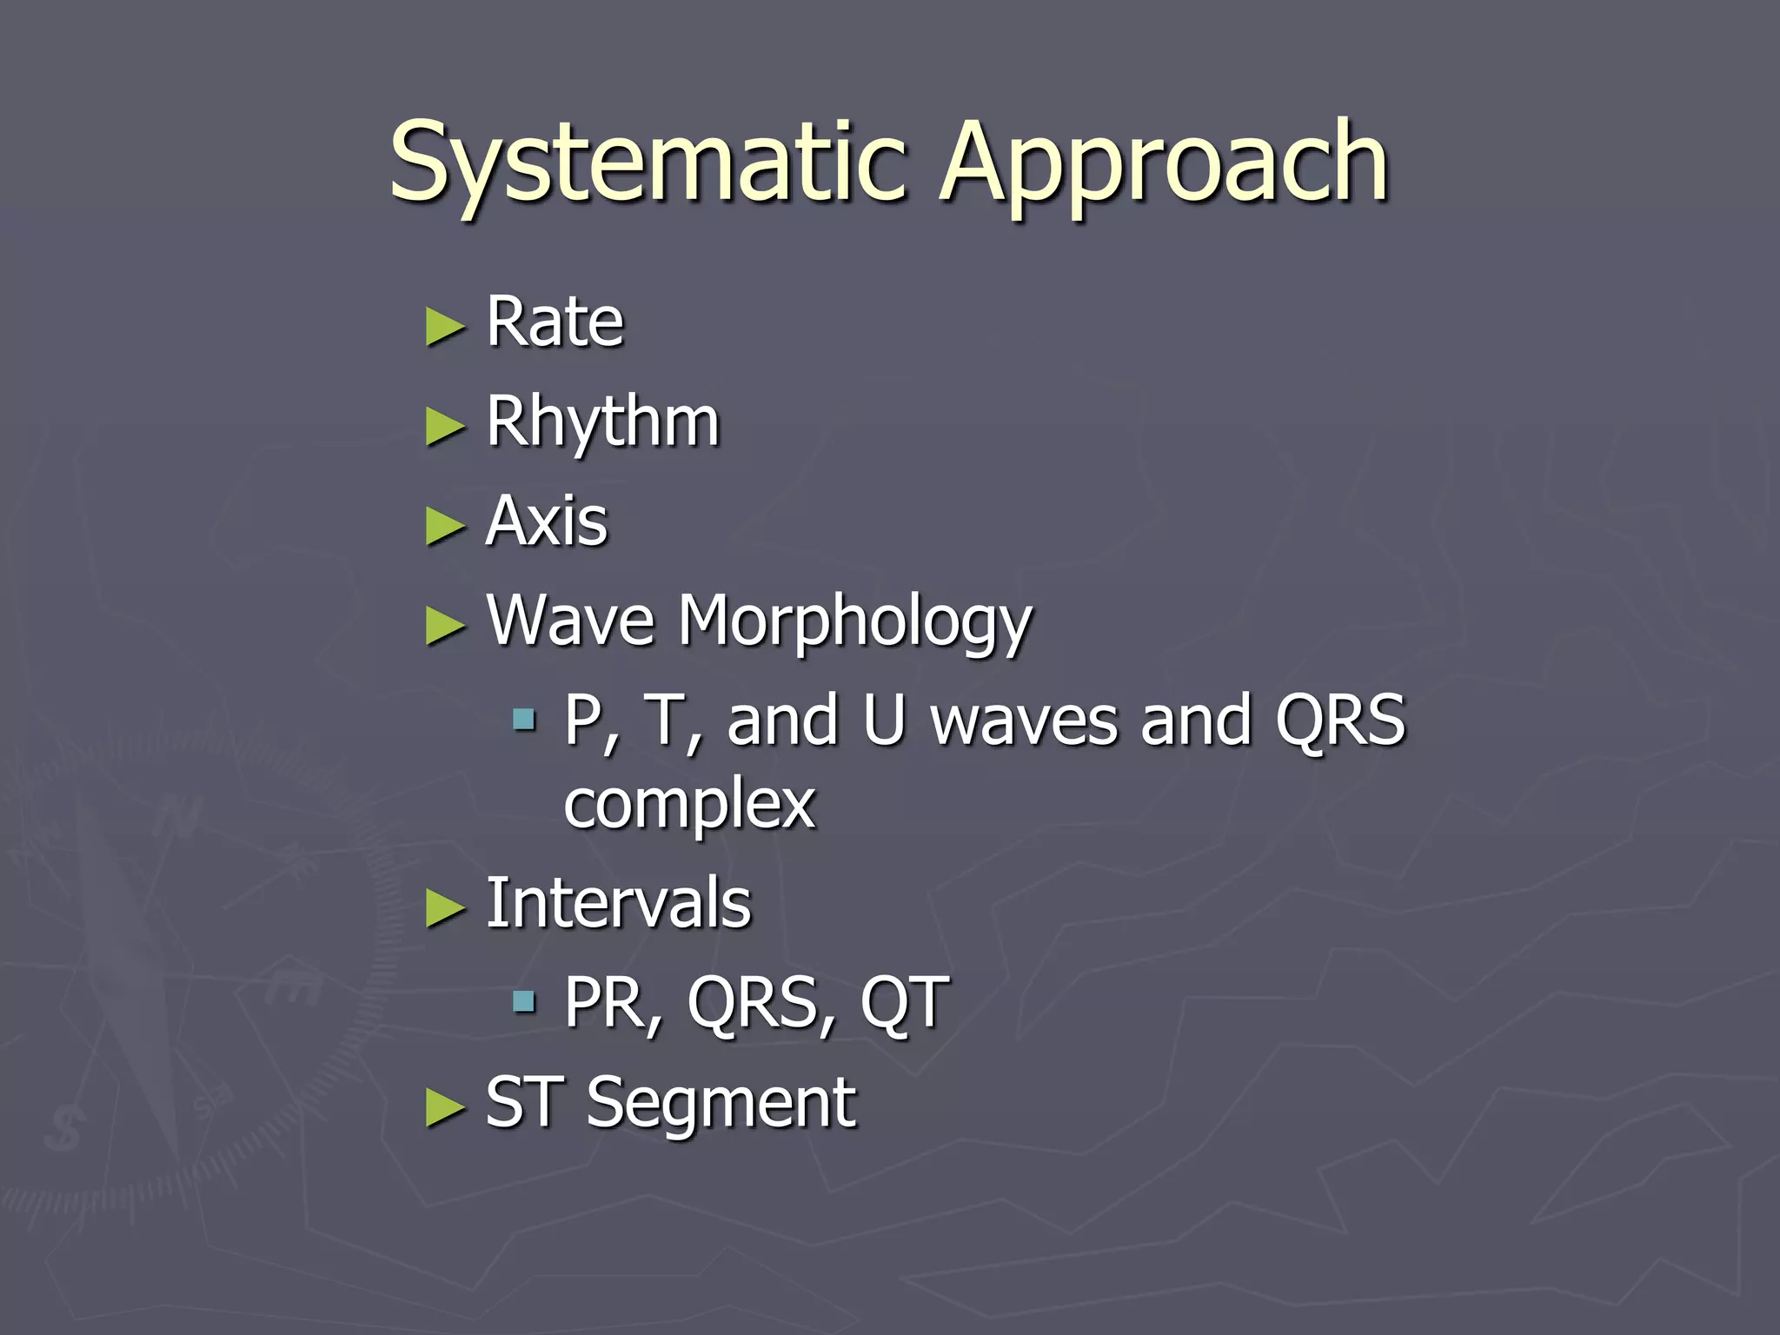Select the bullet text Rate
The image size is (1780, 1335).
pos(555,322)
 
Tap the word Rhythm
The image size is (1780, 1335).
pos(602,422)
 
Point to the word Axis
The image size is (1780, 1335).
pos(547,521)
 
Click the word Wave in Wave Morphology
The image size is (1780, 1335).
pos(570,621)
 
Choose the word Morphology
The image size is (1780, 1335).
pos(854,622)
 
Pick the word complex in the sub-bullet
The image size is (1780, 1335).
pos(689,804)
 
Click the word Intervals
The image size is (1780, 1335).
pos(618,904)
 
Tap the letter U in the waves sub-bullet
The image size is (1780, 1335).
pos(884,721)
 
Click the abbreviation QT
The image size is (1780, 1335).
pos(904,1003)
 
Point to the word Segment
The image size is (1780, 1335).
pos(721,1103)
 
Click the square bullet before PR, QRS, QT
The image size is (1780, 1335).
pos(523,1002)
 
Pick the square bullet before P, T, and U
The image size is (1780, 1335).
pos(523,719)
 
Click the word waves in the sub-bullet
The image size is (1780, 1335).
pos(1024,721)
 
